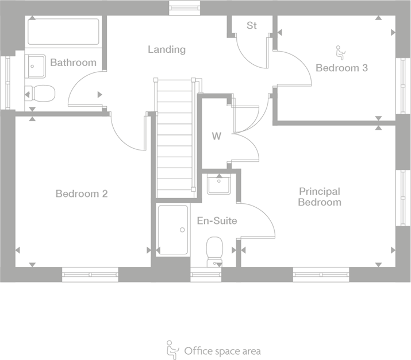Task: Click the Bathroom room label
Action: coord(73,62)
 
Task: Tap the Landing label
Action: coord(167,49)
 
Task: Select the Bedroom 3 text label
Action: coord(341,68)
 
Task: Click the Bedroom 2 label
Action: coord(82,193)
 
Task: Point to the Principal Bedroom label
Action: coord(319,196)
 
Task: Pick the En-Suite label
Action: coord(217,220)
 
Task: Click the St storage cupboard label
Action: coord(251,25)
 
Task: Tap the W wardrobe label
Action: coord(216,136)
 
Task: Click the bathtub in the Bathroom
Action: coord(64,32)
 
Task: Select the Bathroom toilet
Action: coord(40,93)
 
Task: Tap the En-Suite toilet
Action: coord(214,250)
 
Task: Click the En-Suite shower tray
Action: coord(172,230)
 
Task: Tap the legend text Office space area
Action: coord(222,350)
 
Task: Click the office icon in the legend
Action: coord(171,349)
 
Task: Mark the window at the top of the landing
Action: coord(185,7)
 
